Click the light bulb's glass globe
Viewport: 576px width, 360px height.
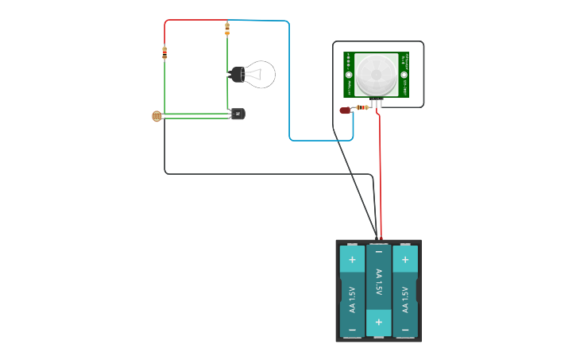point(261,74)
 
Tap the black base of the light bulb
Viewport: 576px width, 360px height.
point(237,75)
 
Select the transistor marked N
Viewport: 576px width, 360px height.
point(237,114)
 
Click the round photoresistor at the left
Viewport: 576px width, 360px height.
point(157,116)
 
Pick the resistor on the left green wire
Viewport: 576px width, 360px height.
point(164,54)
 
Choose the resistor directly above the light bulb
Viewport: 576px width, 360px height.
point(227,29)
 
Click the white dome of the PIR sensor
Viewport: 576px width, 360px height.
point(375,75)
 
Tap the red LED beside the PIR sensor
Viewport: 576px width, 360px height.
point(345,110)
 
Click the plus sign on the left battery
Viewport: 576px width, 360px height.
point(352,259)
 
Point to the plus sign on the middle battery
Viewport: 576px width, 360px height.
point(378,322)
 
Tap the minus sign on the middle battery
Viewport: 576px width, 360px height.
point(378,252)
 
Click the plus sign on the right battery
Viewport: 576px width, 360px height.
point(405,259)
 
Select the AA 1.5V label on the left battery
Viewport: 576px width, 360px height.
point(352,298)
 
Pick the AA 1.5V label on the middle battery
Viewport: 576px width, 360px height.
point(378,283)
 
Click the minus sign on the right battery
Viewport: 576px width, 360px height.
point(405,329)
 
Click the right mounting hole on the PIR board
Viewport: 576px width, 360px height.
point(404,75)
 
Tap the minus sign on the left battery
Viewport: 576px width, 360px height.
point(352,329)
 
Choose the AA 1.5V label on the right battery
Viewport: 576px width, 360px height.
point(405,298)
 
